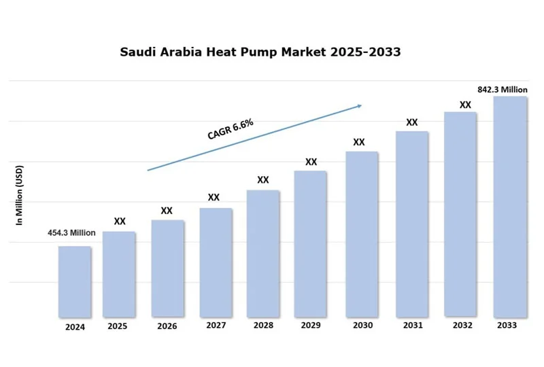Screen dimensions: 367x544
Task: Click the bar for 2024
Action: tap(75, 281)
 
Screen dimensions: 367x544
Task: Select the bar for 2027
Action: tap(216, 262)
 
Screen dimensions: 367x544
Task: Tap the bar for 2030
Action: tap(362, 234)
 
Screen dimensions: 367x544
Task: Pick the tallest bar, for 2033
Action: tap(510, 207)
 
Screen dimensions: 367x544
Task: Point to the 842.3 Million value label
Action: tap(503, 89)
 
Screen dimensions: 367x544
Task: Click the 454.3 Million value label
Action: tap(71, 232)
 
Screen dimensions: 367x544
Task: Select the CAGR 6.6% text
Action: tap(231, 128)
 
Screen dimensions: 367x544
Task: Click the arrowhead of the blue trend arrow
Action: tap(359, 105)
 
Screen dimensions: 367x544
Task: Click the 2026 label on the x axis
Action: tap(167, 326)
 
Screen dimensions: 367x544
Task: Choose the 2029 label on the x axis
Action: tap(311, 326)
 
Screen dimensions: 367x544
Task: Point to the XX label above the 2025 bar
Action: tap(120, 221)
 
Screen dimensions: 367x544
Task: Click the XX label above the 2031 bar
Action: tap(412, 122)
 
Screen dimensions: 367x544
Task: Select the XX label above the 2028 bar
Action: tap(263, 180)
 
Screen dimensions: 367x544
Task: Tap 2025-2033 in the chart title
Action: tap(365, 52)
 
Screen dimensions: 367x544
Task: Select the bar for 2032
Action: tap(460, 214)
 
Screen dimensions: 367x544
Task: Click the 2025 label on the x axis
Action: tap(118, 326)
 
